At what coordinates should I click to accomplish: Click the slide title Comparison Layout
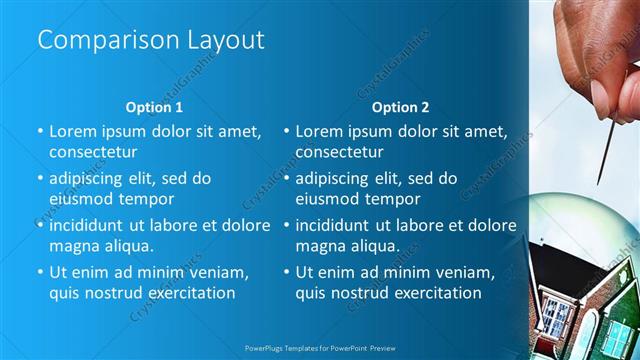(151, 40)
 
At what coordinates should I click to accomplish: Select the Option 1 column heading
(154, 107)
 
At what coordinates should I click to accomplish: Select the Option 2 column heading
(400, 107)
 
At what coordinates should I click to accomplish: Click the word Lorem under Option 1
(71, 131)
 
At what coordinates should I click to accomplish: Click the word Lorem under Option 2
(318, 131)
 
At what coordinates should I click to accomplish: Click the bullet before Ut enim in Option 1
(40, 272)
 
